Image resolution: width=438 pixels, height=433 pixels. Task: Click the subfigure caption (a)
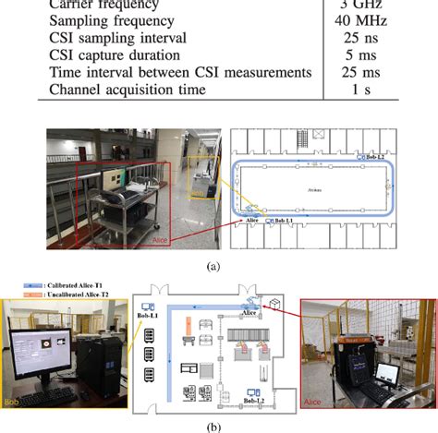click(x=218, y=263)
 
